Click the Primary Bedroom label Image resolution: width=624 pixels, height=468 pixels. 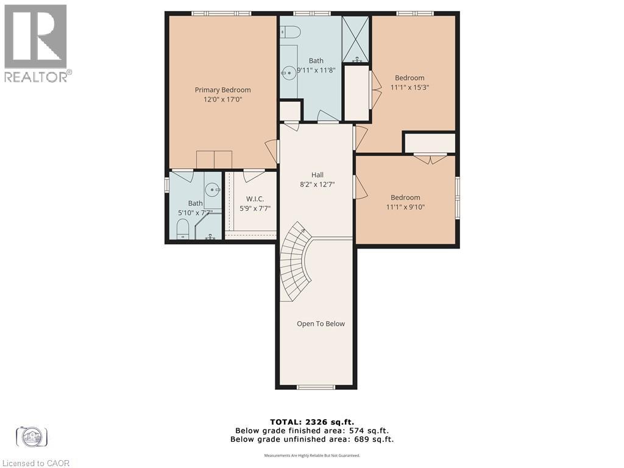[222, 90]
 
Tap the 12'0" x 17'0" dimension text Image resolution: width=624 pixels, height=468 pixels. [222, 99]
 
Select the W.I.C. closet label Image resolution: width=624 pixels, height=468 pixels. [255, 199]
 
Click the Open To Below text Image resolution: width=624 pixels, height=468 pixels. [321, 324]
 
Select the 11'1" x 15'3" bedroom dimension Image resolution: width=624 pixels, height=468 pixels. [409, 87]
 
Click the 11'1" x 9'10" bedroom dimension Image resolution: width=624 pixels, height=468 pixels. [405, 207]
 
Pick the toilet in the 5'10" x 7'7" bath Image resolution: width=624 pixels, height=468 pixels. [182, 230]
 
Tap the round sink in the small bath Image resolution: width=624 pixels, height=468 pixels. [213, 190]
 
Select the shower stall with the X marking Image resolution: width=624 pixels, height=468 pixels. [356, 39]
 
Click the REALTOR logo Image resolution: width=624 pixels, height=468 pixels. [36, 43]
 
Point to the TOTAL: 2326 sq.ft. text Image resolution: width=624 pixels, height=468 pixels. [311, 422]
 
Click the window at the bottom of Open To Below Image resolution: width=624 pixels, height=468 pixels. [316, 387]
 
